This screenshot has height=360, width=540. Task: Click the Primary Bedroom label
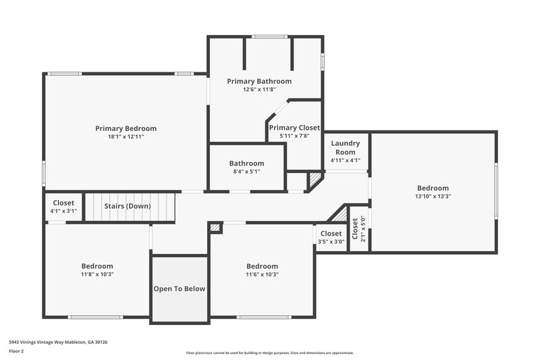[126, 128]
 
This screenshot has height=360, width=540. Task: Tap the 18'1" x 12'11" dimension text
[126, 136]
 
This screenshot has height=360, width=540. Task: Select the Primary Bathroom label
[259, 81]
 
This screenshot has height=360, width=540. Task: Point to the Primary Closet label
[294, 128]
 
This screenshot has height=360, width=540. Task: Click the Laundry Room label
[345, 147]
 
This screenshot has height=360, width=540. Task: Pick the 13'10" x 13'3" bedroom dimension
[432, 197]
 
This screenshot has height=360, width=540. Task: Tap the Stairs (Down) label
[127, 206]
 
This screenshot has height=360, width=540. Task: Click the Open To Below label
[179, 289]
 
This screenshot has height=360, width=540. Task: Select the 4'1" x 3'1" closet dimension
[63, 211]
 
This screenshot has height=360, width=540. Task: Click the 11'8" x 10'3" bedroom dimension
[97, 274]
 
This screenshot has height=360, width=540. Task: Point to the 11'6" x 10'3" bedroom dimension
[262, 274]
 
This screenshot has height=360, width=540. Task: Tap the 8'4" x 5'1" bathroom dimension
[246, 172]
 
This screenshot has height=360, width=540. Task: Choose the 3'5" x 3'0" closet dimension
[331, 242]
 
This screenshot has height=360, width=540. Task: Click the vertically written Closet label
[355, 229]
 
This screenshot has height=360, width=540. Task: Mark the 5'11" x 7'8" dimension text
[294, 136]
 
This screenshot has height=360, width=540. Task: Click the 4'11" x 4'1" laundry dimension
[345, 161]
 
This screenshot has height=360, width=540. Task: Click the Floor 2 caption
[17, 351]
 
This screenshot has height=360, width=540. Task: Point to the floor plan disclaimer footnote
[269, 353]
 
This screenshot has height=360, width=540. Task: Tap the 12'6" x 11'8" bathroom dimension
[259, 89]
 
